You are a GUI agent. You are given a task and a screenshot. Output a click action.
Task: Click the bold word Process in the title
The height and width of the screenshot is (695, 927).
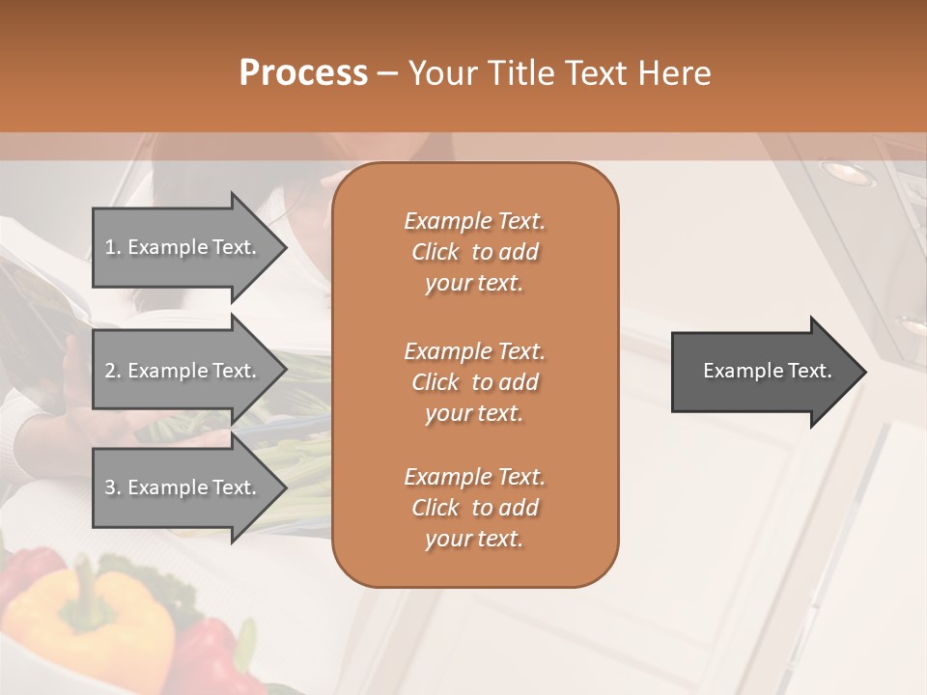point(303,73)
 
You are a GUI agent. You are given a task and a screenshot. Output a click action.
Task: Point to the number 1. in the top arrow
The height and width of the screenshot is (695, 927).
point(113,247)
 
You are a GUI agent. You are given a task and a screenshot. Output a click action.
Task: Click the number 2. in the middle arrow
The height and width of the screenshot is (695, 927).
point(113,371)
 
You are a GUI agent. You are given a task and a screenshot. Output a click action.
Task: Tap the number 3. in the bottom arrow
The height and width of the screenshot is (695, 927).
point(113,487)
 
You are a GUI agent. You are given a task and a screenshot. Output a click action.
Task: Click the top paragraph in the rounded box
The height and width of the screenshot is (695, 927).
point(474,252)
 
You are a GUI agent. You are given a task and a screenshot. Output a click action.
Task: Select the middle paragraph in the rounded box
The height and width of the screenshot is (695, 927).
point(474,382)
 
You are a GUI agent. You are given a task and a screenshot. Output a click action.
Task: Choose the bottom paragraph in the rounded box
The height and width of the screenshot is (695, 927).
point(474,508)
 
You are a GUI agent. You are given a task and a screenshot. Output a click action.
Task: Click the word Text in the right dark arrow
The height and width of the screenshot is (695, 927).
point(810,371)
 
